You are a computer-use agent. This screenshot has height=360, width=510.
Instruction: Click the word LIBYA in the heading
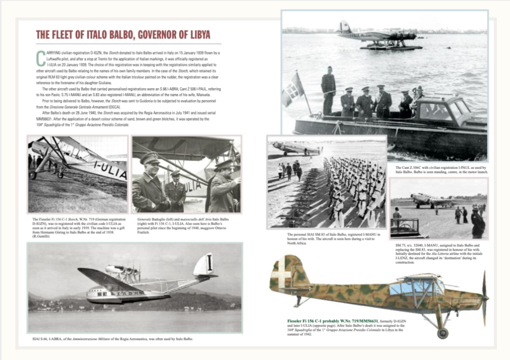pyautogui.click(x=196, y=35)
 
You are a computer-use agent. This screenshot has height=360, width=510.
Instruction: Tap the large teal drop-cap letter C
pyautogui.click(x=40, y=58)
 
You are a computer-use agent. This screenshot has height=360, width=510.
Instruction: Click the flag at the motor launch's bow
pyautogui.click(x=293, y=90)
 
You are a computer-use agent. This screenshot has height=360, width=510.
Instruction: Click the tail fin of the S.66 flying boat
pyautogui.click(x=204, y=264)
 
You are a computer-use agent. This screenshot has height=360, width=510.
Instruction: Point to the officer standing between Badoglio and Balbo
pyautogui.click(x=176, y=187)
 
